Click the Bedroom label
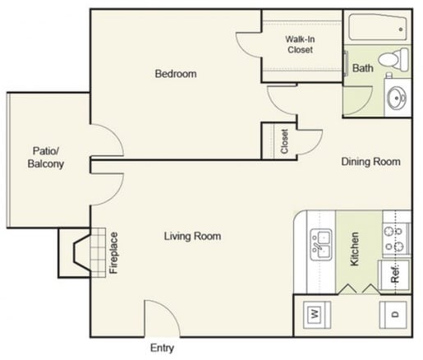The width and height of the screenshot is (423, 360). click(176, 74)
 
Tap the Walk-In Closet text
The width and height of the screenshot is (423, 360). click(300, 44)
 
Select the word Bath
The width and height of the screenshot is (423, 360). click(362, 69)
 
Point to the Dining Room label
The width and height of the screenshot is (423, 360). click(370, 162)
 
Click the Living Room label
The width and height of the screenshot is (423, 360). click(192, 237)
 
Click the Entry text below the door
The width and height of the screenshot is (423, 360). click(163, 348)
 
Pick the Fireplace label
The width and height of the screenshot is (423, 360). click(113, 253)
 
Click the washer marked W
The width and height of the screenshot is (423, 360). click(315, 313)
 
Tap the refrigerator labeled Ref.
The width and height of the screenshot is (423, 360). click(394, 274)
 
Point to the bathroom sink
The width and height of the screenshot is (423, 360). click(397, 97)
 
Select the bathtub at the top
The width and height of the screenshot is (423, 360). click(375, 29)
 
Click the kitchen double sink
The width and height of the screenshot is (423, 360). click(320, 243)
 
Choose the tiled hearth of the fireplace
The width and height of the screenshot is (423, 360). click(99, 252)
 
